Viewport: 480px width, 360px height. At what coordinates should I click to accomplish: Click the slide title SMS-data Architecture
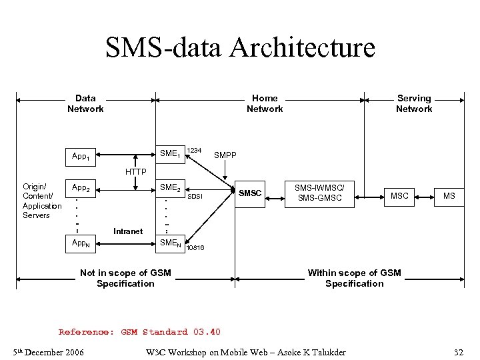pos(240,48)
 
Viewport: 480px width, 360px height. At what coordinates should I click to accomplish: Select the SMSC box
pos(251,193)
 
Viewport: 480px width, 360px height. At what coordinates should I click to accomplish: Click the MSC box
pos(399,195)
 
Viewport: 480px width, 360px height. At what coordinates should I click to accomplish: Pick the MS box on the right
pos(449,195)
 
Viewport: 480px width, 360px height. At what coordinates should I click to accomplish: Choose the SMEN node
pos(169,243)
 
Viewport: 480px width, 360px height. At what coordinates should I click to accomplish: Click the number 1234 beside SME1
pos(194,150)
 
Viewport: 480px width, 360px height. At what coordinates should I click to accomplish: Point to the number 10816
pos(195,248)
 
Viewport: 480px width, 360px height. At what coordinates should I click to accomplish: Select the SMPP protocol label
pos(225,155)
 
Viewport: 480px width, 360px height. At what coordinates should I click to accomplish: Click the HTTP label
pos(135,172)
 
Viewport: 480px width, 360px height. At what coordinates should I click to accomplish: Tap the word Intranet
pos(127,231)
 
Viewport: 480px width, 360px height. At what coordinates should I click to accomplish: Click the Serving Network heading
pos(413,103)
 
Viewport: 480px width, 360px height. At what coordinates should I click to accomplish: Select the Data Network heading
pos(85,103)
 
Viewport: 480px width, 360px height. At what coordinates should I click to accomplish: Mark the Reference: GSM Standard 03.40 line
pos(139,332)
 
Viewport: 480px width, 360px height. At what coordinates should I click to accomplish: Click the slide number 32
pos(458,351)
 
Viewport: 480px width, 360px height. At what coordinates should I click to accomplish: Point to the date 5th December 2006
pos(48,351)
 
